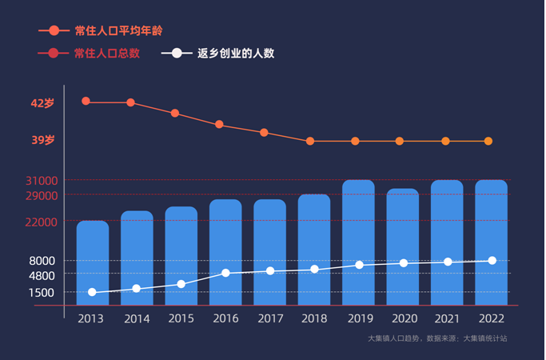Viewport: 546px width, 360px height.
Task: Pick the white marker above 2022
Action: tap(492, 261)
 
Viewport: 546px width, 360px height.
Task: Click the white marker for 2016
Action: tap(225, 274)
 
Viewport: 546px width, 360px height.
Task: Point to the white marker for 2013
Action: tap(93, 293)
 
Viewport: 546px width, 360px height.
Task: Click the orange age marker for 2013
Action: tap(86, 102)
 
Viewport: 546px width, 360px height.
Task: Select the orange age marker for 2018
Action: tap(310, 142)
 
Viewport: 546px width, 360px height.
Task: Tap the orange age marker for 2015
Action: tap(175, 114)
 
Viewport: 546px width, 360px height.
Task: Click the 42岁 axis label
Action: tap(42, 103)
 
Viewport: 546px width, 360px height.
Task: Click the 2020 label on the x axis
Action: tap(403, 318)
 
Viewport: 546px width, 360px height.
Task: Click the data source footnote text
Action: tap(436, 339)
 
